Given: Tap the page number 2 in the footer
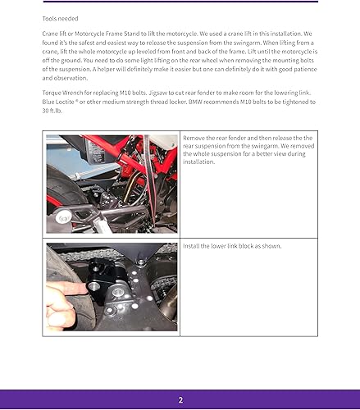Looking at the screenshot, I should point(180,399).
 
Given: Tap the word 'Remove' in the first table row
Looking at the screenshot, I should point(195,139).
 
